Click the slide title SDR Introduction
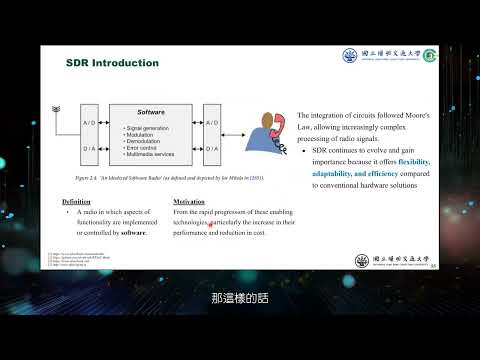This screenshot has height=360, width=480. (112, 63)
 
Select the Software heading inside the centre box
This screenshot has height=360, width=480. (151, 112)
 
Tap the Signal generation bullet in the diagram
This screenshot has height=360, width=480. (150, 129)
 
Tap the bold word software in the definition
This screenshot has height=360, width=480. (134, 232)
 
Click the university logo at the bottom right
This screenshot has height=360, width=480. (391, 260)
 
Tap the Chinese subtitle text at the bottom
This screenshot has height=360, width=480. (240, 297)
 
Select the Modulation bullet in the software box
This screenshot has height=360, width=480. (144, 135)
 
